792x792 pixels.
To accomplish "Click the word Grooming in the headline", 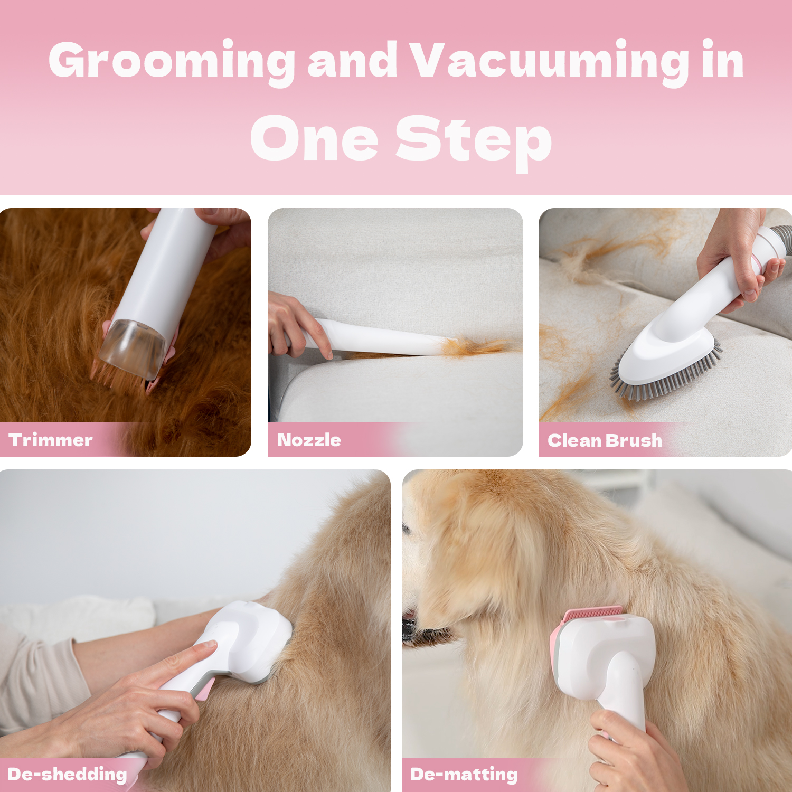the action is [x=172, y=63].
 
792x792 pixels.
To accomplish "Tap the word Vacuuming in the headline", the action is [x=550, y=63].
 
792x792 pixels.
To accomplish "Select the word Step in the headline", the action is [x=474, y=140].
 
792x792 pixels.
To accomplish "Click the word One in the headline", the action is [x=314, y=138].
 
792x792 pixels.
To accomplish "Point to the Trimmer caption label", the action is [x=51, y=440].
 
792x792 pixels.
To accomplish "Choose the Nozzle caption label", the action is [x=309, y=440].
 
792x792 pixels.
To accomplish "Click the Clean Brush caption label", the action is [x=605, y=440].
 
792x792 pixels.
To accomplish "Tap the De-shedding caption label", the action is [x=67, y=775].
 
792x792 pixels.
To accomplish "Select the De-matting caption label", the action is [x=464, y=775].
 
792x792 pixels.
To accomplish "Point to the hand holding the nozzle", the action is [x=296, y=324].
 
